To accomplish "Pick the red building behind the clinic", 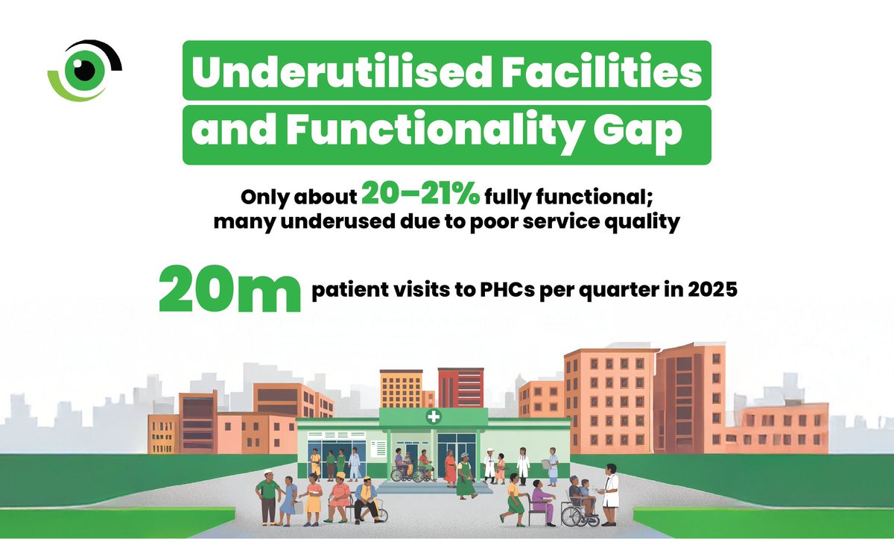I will (x=460, y=388).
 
